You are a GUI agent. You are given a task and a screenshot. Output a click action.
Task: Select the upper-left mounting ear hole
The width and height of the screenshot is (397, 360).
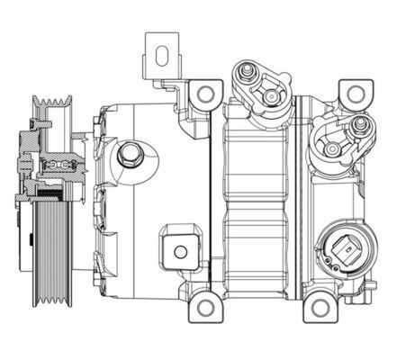(206, 93)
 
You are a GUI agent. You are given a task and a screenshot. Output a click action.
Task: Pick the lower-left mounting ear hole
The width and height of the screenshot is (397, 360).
(205, 309)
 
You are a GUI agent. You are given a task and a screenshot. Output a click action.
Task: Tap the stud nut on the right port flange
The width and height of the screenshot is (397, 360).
(332, 148)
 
